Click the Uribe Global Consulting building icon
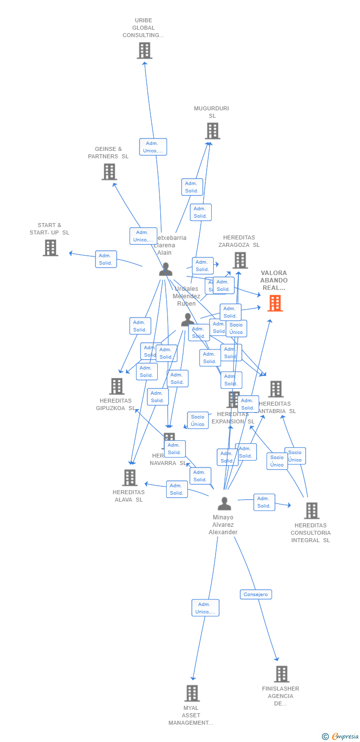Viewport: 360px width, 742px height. point(144,50)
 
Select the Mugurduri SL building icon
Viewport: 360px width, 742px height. point(212,131)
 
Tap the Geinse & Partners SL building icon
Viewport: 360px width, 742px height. point(109,172)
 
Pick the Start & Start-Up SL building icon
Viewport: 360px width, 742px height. point(50,248)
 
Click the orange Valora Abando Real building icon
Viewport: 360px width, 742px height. point(275,303)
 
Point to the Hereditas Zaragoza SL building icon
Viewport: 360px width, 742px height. point(240,260)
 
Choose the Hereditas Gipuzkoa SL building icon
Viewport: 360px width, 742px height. point(117,386)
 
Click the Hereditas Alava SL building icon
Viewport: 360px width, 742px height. point(130,478)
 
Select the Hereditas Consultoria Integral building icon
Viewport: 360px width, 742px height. point(311,510)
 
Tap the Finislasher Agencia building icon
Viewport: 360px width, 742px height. point(281,674)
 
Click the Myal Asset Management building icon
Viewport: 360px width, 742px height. point(192,693)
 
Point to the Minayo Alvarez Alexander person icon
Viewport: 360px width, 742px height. point(224,504)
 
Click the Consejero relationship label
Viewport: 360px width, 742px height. point(256,594)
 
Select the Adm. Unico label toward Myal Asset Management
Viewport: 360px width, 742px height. point(205,608)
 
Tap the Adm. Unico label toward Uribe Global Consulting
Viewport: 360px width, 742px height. point(153,147)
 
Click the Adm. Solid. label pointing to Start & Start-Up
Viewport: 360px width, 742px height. point(106,259)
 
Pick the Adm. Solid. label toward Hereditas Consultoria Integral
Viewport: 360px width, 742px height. point(264,502)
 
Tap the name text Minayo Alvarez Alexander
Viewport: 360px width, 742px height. point(223,525)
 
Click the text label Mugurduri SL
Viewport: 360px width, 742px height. point(212,112)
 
